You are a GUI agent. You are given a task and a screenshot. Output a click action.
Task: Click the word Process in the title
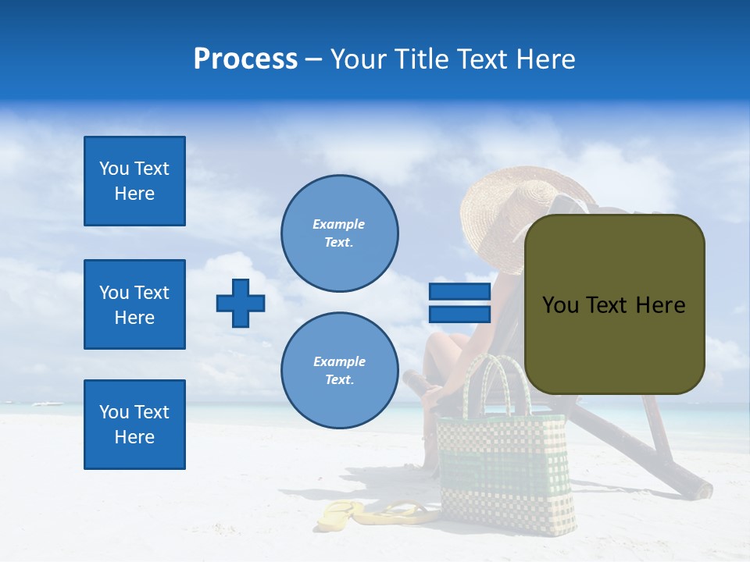245,59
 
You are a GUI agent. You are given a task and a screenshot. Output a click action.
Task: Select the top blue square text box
134,181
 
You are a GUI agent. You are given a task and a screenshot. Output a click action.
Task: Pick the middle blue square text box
134,304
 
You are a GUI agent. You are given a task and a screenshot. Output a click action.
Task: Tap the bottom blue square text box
134,425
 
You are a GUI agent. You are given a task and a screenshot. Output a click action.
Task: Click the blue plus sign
241,303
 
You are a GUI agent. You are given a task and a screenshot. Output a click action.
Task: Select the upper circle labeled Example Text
340,233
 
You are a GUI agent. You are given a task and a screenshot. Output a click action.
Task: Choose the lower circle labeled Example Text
340,371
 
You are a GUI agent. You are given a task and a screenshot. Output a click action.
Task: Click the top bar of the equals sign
459,292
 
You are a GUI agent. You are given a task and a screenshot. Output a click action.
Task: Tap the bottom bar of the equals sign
459,314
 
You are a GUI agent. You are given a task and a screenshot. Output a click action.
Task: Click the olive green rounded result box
614,304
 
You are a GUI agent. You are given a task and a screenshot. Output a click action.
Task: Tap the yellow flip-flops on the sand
375,515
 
